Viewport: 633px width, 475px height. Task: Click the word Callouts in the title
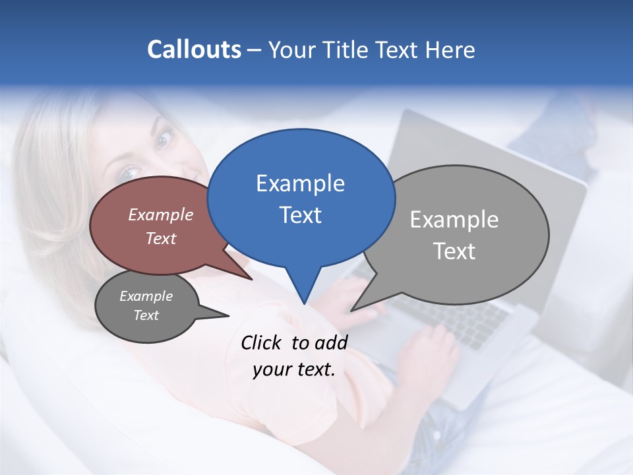coord(194,49)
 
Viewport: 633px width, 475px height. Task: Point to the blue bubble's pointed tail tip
coord(304,304)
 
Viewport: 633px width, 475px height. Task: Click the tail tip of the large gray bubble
coord(351,310)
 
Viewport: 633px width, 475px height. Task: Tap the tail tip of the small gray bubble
coord(228,315)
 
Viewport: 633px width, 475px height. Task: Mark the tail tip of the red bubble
coord(252,279)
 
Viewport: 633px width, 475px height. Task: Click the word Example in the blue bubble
coord(300,183)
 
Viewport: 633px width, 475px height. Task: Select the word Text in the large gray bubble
coord(454,251)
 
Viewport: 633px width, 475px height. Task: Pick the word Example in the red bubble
coord(160,215)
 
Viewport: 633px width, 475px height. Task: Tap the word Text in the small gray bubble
coord(146,315)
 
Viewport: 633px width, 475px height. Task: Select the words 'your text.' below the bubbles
coord(294,369)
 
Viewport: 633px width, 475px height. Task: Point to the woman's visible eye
coord(164,138)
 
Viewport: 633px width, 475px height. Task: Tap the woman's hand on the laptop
coord(432,350)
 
